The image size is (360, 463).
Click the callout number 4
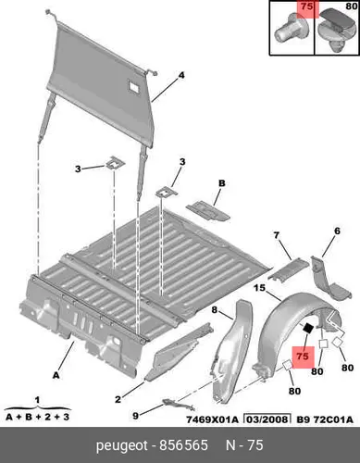coord(181,75)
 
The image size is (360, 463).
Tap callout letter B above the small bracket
coord(222,183)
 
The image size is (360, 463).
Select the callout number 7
coord(276,235)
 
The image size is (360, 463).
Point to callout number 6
coord(337,231)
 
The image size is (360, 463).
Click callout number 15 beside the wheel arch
coord(260,288)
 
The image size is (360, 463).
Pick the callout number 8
coord(215,309)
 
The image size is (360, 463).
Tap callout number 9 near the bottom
coord(135,416)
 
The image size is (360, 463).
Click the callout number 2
coord(118,399)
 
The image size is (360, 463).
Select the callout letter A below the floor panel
coord(56,375)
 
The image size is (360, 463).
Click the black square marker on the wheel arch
coord(308,329)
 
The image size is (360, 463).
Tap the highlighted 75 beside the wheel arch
coord(303,357)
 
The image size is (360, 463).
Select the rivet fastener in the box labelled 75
coord(291,29)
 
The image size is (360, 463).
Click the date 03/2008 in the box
coord(267,419)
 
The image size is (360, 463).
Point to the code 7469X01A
coord(212,419)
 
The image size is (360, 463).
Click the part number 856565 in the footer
coord(183,445)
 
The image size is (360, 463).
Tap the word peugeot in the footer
coord(122,446)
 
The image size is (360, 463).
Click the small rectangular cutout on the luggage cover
coord(134,85)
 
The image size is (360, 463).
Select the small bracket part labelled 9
coord(179,405)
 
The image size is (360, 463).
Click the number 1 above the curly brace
coord(37,401)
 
